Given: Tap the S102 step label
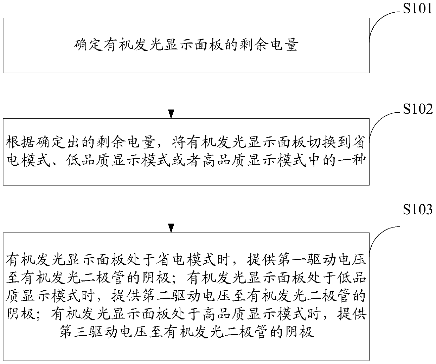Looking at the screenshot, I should (418, 110).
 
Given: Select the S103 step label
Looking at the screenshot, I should (418, 210).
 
